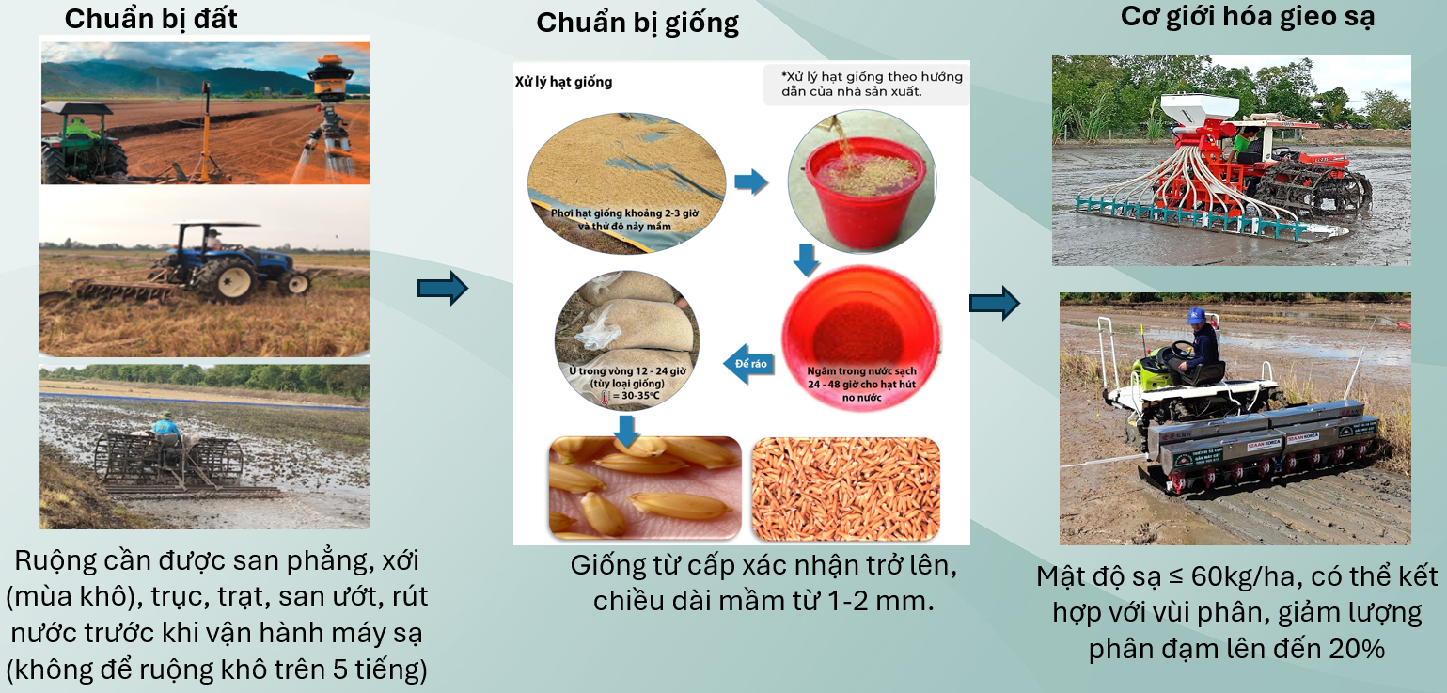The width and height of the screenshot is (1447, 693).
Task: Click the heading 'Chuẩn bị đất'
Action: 151,18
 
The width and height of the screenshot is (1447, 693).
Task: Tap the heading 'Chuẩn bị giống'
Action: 637,23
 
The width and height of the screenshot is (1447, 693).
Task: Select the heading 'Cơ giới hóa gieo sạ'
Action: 1248,16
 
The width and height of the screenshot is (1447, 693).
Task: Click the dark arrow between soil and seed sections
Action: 443,288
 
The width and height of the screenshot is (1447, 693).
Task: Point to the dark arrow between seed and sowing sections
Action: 995,302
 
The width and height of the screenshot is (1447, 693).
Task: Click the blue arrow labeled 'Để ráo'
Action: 748,364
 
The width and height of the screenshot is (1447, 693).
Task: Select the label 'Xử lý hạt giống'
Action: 564,82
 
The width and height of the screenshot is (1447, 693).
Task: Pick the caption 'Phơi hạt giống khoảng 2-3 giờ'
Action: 624,213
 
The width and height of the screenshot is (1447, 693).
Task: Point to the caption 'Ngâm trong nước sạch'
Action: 862,371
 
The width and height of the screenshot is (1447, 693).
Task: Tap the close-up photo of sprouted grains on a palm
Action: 645,488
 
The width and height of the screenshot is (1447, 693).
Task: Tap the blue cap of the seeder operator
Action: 1196,316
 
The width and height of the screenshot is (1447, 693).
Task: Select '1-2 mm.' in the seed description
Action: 880,601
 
